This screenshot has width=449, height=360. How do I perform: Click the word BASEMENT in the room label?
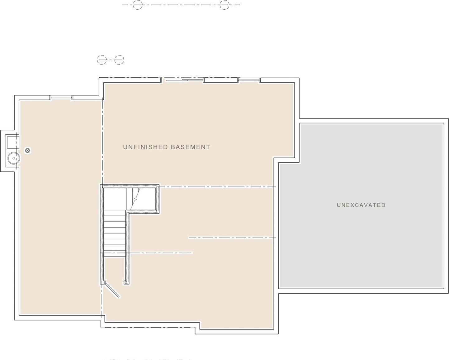pyautogui.click(x=191, y=147)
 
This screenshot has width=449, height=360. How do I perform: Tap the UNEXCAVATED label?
pyautogui.click(x=361, y=205)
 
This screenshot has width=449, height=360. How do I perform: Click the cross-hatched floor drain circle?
pyautogui.click(x=27, y=150)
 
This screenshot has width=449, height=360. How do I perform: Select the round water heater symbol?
pyautogui.click(x=14, y=158)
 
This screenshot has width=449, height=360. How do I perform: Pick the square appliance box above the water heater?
pyautogui.click(x=13, y=142)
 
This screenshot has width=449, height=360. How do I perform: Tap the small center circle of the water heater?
pyautogui.click(x=14, y=158)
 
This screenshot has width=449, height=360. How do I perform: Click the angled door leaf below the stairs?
pyautogui.click(x=112, y=290)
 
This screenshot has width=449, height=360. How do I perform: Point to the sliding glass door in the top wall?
pyautogui.click(x=182, y=80)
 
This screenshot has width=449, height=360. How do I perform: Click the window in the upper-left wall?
pyautogui.click(x=61, y=97)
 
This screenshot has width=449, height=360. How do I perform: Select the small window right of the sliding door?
pyautogui.click(x=249, y=80)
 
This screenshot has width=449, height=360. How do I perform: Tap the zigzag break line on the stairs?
pyautogui.click(x=136, y=199)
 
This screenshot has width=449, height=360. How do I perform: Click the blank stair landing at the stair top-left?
pyautogui.click(x=115, y=199)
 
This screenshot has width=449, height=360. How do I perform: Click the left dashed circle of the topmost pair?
pyautogui.click(x=138, y=5)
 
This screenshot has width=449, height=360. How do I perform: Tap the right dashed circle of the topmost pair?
pyautogui.click(x=224, y=5)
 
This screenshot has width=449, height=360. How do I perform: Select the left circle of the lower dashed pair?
pyautogui.click(x=102, y=60)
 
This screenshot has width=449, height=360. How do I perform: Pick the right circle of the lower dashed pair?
pyautogui.click(x=119, y=60)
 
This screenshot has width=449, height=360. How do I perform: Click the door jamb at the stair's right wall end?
pyautogui.click(x=126, y=282)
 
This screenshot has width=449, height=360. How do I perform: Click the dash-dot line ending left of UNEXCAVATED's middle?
pyautogui.click(x=232, y=238)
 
